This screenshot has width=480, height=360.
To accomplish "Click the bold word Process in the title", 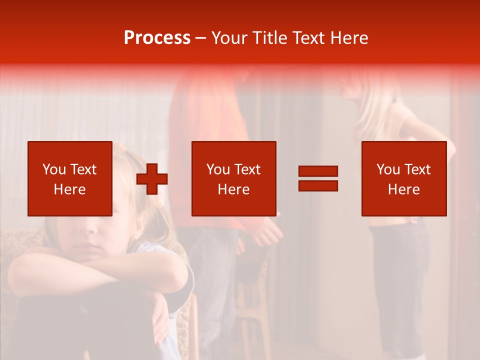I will coord(157,38).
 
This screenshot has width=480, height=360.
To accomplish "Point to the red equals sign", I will coord(318,178).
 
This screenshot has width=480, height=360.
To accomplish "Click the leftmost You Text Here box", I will coord(69,178).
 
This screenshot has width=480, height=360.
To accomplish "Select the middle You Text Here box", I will coord(233,178).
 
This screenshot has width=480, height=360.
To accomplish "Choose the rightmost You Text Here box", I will coord(403,178).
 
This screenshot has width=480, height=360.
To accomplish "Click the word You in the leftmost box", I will coord(54,169).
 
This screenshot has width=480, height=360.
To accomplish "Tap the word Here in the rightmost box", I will coord(403,189).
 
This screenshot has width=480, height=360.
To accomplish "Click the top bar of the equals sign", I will coord(318,171).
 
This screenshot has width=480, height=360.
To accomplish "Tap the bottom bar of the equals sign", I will coord(318,185).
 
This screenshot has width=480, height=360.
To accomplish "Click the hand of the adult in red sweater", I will coord(267,232).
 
